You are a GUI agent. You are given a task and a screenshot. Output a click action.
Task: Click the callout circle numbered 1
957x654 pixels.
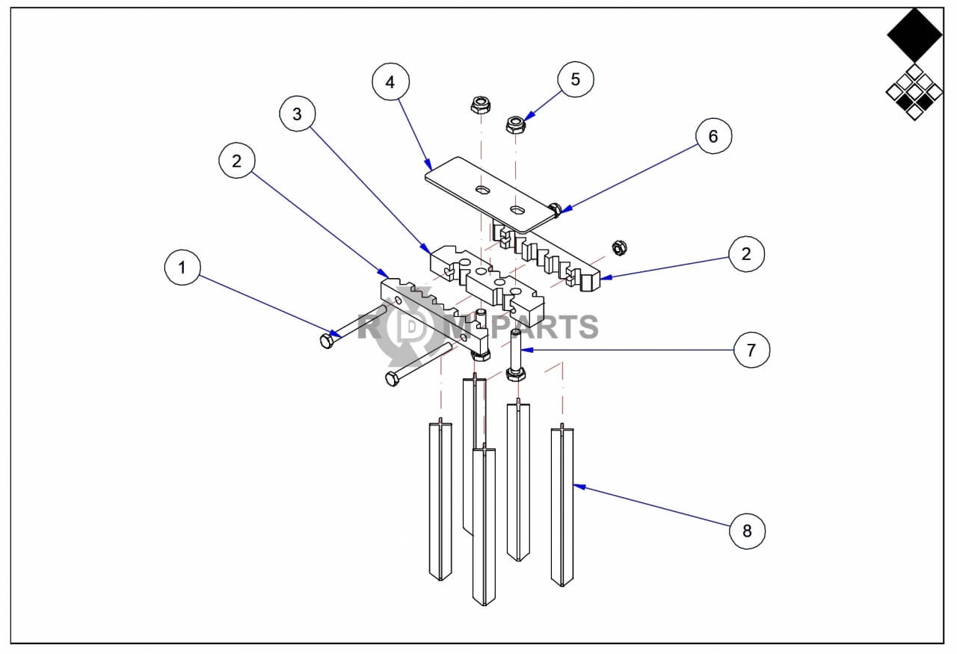tap(182, 268)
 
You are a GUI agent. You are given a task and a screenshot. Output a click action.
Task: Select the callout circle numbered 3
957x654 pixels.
tap(298, 114)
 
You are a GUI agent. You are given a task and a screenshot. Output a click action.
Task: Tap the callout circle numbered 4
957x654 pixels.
tap(390, 82)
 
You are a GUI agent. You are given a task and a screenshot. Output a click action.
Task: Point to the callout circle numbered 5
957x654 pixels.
tap(576, 79)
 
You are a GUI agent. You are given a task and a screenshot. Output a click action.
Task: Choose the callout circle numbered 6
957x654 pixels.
tap(713, 136)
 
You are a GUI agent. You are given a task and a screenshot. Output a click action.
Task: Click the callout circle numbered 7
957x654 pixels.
tap(751, 350)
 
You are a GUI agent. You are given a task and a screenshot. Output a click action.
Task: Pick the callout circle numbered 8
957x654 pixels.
tap(747, 531)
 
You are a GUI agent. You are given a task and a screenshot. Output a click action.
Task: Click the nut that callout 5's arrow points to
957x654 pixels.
tap(515, 124)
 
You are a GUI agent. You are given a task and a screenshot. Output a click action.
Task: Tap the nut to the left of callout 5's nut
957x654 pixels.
tap(481, 104)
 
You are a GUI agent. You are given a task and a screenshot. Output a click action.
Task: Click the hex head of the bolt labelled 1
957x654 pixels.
tap(327, 341)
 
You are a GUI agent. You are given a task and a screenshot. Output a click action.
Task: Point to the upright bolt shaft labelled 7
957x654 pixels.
tap(515, 350)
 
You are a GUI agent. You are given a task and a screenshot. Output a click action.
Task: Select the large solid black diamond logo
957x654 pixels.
tap(914, 35)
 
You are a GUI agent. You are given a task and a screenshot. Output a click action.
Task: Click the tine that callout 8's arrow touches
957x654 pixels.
tap(562, 505)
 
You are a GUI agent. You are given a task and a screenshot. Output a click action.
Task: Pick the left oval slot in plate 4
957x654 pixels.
tap(483, 189)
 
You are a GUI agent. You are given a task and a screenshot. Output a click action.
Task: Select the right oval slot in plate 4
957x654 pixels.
tap(518, 209)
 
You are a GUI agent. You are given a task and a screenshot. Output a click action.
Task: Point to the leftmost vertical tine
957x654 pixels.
tap(440, 499)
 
